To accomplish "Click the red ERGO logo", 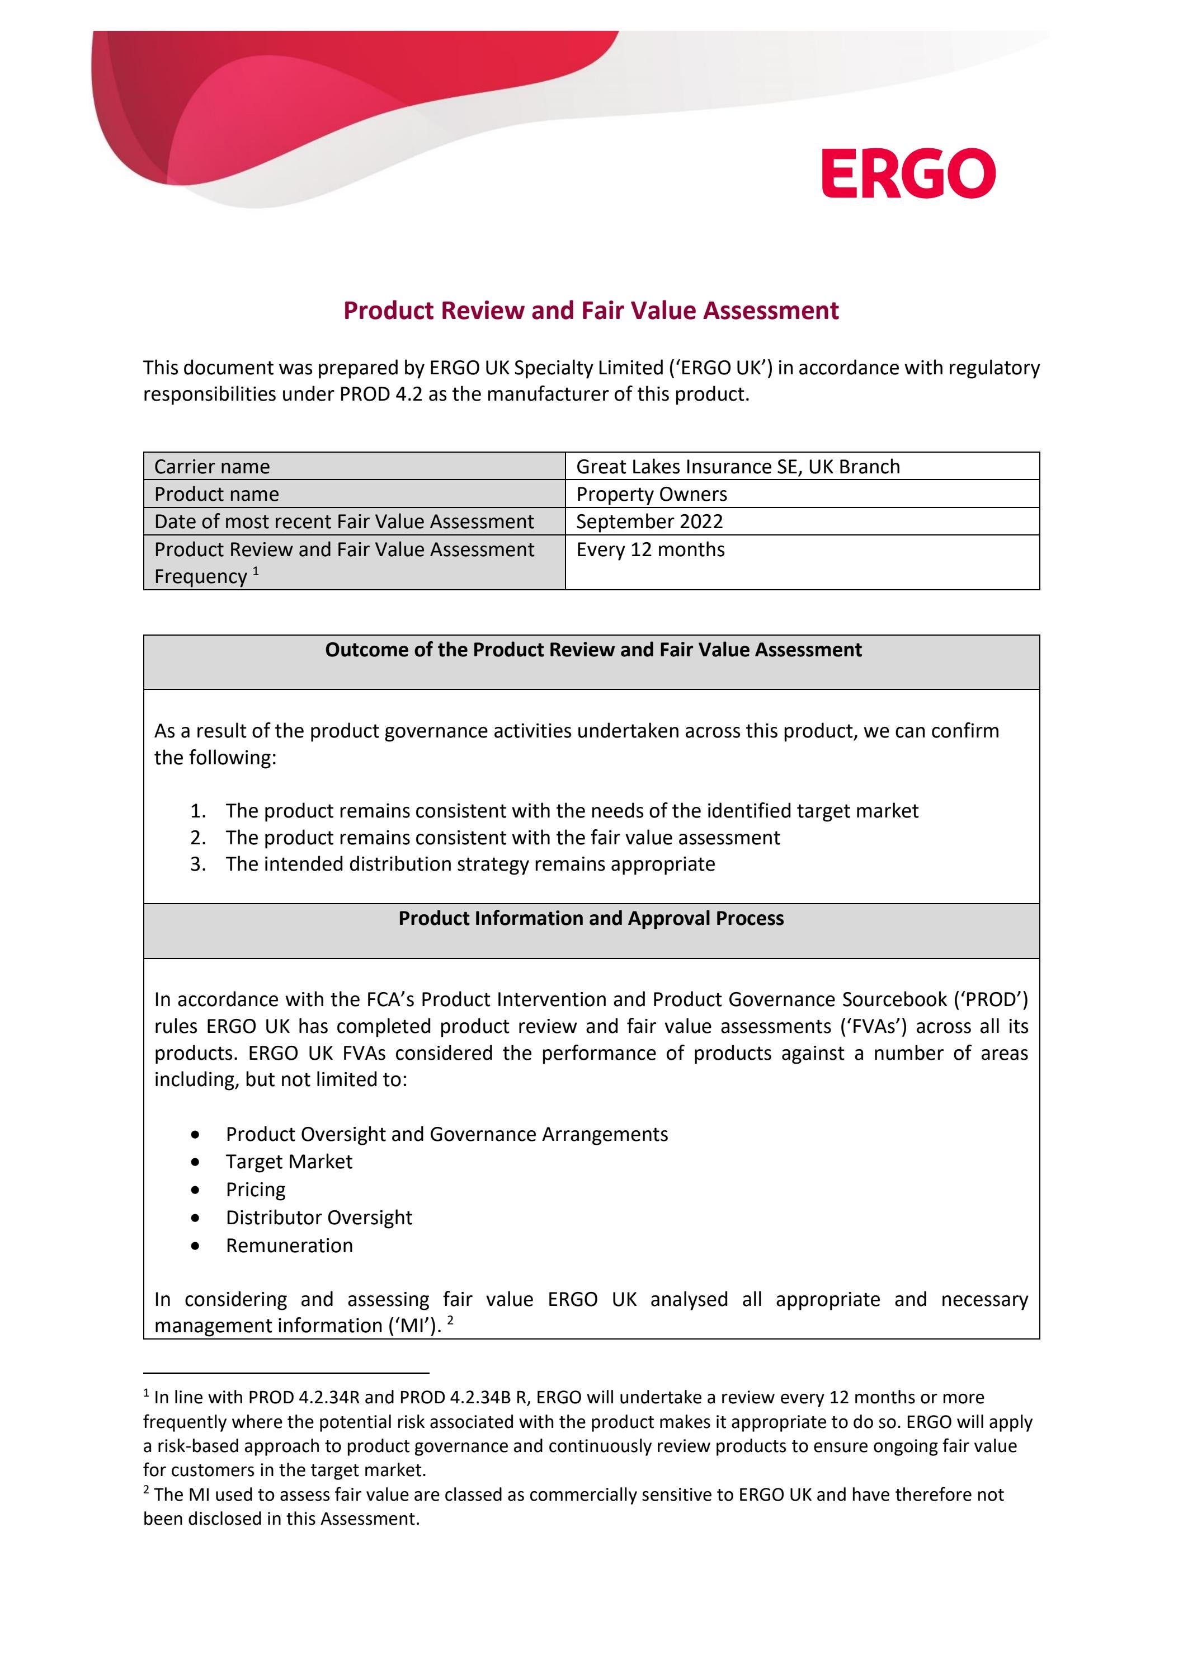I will (908, 173).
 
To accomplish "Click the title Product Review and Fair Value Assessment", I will (591, 311).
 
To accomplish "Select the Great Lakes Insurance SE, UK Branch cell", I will (737, 466).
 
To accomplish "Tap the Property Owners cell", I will (651, 494).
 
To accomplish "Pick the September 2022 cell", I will (649, 521).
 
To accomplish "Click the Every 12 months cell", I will (650, 549).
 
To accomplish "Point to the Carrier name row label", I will (212, 466).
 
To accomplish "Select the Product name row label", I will (216, 494).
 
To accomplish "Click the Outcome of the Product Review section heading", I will (593, 650).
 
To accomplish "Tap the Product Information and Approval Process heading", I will (591, 918).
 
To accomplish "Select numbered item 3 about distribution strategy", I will (470, 864).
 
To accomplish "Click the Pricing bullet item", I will (256, 1189).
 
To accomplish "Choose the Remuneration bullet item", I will (289, 1246).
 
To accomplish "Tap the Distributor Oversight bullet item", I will (318, 1218).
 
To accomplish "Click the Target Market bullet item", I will (289, 1162).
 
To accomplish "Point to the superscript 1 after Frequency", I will (256, 571).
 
